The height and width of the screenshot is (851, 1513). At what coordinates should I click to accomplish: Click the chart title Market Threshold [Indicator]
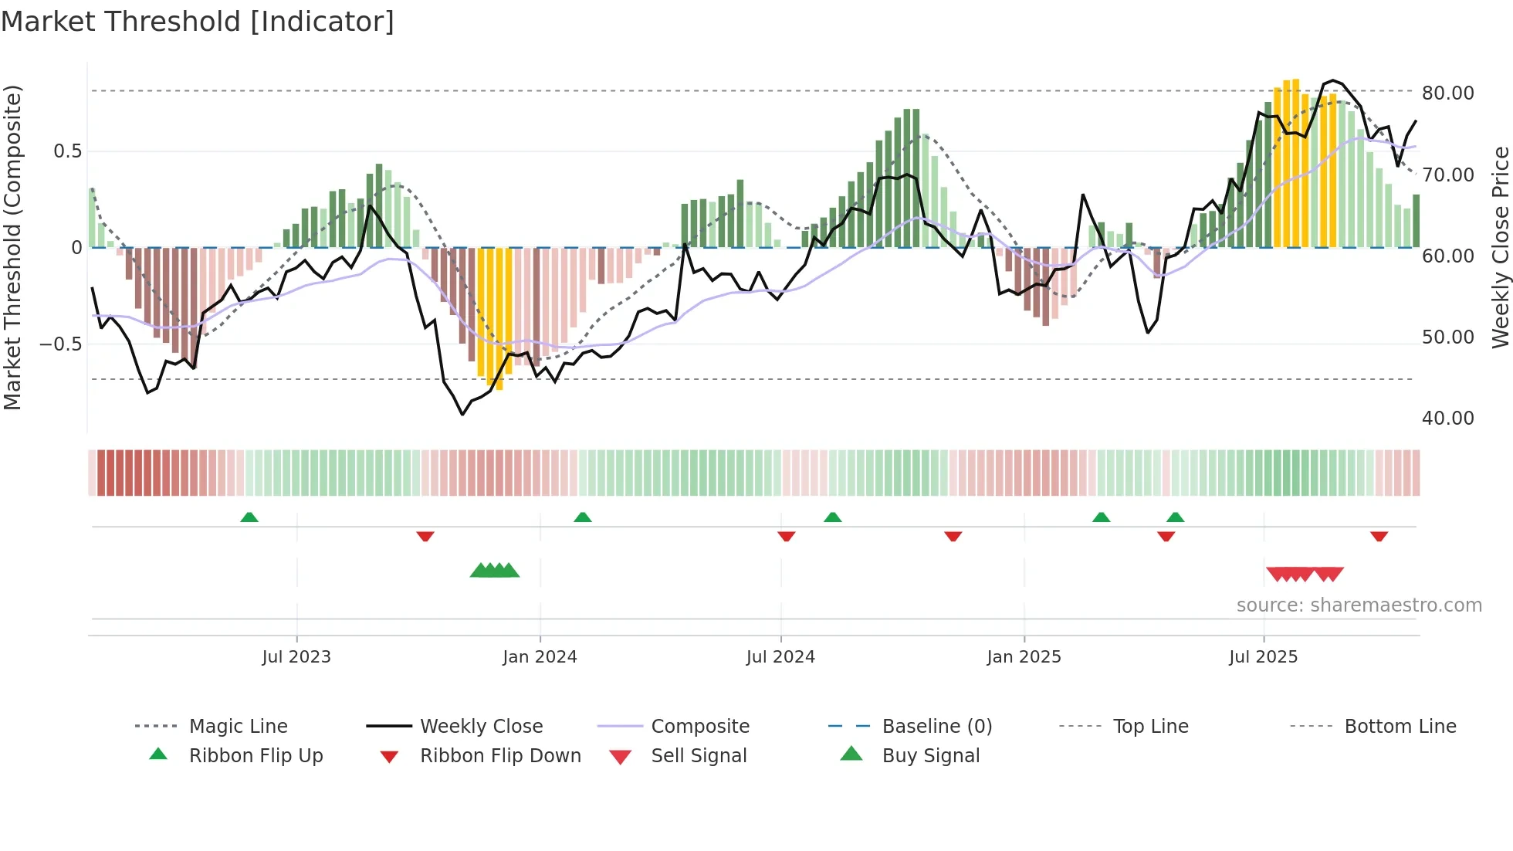coord(198,22)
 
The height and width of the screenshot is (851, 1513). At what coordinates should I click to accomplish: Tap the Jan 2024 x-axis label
coord(540,657)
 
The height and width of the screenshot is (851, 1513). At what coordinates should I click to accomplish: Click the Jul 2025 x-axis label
coord(1263,657)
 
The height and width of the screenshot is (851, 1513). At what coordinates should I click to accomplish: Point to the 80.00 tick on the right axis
coord(1447,93)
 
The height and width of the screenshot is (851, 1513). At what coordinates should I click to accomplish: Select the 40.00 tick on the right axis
coord(1447,419)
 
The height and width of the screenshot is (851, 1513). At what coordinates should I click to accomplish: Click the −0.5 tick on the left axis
coord(60,344)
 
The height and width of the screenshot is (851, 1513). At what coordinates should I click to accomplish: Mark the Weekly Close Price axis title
coord(1500,247)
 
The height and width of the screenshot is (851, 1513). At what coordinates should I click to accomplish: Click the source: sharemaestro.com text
coord(1359,605)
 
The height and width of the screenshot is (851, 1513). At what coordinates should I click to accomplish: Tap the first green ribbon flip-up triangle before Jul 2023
coord(249,517)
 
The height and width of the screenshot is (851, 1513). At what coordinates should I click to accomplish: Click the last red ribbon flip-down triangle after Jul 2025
coord(1379,536)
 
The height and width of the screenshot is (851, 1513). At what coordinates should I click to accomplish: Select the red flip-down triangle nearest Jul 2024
coord(786,536)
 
